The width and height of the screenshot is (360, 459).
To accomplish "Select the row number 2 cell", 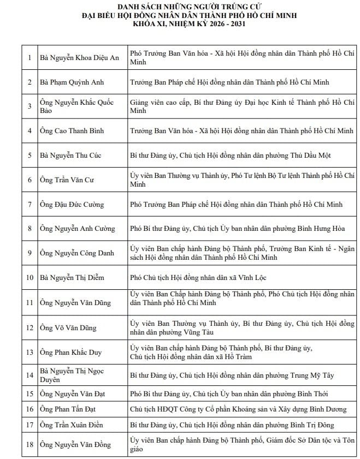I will (x=29, y=82).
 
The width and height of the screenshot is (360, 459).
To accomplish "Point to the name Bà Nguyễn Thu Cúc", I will (x=70, y=156).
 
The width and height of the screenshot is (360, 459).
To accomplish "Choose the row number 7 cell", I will (x=29, y=205).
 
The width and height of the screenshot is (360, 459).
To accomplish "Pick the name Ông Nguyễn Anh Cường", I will (x=76, y=229).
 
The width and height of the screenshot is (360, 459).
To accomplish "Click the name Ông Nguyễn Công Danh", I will (x=76, y=253).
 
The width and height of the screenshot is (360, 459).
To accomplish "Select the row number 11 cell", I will (x=29, y=302).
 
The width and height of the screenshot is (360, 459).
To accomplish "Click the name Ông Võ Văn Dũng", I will (x=68, y=328).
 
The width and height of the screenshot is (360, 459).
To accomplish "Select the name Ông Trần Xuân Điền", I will (x=72, y=425).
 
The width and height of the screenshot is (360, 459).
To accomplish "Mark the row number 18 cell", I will (x=29, y=445).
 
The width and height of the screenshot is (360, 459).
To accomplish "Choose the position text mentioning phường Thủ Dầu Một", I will (x=230, y=156).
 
